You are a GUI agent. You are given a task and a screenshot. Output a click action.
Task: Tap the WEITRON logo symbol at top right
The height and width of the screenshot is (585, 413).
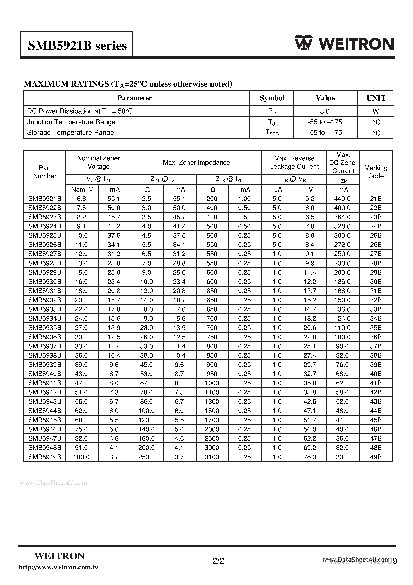(304, 43)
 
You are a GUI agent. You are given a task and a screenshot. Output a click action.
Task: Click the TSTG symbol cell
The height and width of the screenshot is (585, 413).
(272, 133)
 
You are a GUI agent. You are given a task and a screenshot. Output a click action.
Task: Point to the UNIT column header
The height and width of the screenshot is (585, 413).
(376, 98)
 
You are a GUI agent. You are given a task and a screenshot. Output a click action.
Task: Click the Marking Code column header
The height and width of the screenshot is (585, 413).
(375, 172)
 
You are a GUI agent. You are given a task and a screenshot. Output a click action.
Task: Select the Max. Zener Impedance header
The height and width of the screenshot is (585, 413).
(196, 163)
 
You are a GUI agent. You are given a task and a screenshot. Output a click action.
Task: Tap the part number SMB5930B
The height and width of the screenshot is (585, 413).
(45, 282)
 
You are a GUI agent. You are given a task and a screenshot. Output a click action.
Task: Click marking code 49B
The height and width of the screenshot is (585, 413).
(375, 457)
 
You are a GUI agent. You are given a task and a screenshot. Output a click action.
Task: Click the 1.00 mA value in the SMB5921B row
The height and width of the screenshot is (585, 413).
(244, 199)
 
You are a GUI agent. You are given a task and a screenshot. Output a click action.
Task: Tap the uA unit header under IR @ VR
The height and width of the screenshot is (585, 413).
(278, 190)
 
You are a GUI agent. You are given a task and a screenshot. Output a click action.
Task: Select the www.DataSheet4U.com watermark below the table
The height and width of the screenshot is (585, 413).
(53, 483)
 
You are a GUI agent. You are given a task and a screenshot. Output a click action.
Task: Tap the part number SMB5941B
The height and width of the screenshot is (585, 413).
(45, 383)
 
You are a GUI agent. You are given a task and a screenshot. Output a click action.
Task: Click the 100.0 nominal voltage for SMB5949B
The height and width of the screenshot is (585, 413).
(81, 457)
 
